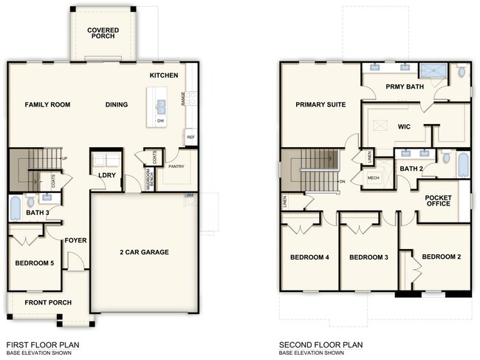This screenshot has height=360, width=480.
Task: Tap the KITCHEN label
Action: click(x=164, y=75)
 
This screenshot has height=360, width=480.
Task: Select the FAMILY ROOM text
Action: click(x=47, y=105)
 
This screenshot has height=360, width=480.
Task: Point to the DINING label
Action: click(x=116, y=105)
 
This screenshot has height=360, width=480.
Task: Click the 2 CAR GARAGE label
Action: click(x=144, y=252)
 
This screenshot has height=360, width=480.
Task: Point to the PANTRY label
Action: click(x=176, y=166)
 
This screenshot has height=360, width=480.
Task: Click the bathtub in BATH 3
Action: click(x=15, y=208)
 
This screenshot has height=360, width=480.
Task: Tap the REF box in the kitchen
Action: click(x=191, y=137)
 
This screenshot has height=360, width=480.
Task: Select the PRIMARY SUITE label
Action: click(x=320, y=105)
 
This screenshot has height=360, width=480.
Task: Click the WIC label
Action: click(x=404, y=126)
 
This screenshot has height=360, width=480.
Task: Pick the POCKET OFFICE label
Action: click(x=438, y=200)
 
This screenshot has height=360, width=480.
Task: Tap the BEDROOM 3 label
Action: click(x=368, y=257)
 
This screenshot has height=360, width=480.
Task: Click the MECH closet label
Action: click(x=373, y=178)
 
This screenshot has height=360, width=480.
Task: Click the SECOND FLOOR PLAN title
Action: click(x=320, y=344)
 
